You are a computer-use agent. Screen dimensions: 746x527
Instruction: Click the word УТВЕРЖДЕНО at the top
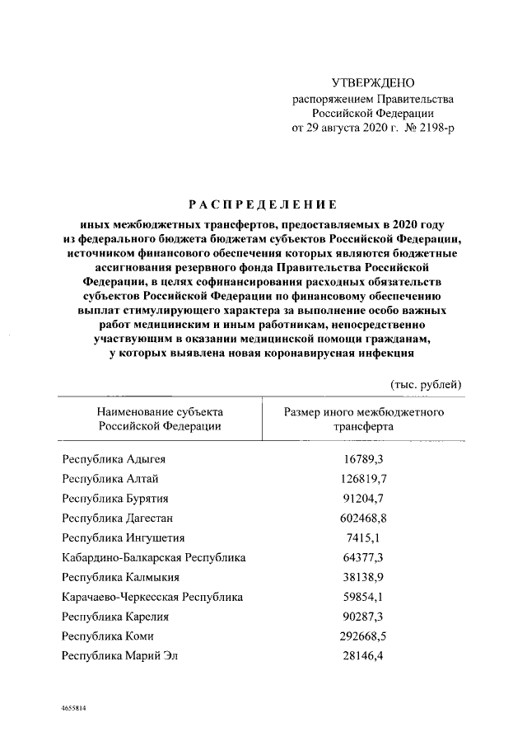[x=373, y=83]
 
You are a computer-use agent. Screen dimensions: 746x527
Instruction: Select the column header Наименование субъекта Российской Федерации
[x=160, y=418]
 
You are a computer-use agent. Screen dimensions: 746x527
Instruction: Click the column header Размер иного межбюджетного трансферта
[x=363, y=418]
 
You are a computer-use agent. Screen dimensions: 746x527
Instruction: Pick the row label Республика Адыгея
[x=119, y=458]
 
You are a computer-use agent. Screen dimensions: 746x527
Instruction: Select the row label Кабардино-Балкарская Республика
[x=154, y=558]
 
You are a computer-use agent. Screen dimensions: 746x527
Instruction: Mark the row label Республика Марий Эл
[x=121, y=656]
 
